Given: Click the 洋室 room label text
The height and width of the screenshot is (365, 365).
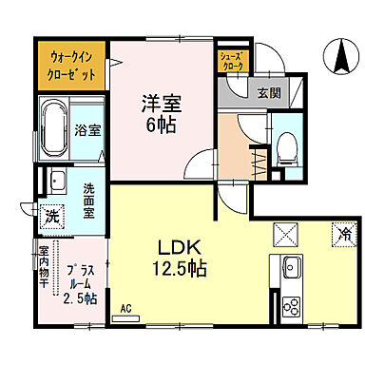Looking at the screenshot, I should [x=159, y=101].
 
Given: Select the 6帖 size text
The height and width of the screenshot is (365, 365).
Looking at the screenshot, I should [x=159, y=123].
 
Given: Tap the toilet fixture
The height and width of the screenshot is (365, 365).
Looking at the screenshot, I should [x=285, y=144].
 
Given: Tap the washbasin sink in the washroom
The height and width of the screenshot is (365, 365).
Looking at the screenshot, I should [x=57, y=180].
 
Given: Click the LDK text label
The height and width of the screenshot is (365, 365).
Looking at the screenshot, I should [x=177, y=247].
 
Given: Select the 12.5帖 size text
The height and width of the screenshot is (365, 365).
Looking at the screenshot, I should [x=177, y=269].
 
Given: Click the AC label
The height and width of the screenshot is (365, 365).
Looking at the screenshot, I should [x=126, y=308].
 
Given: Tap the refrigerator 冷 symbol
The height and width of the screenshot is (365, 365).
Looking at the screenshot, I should [x=339, y=231].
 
